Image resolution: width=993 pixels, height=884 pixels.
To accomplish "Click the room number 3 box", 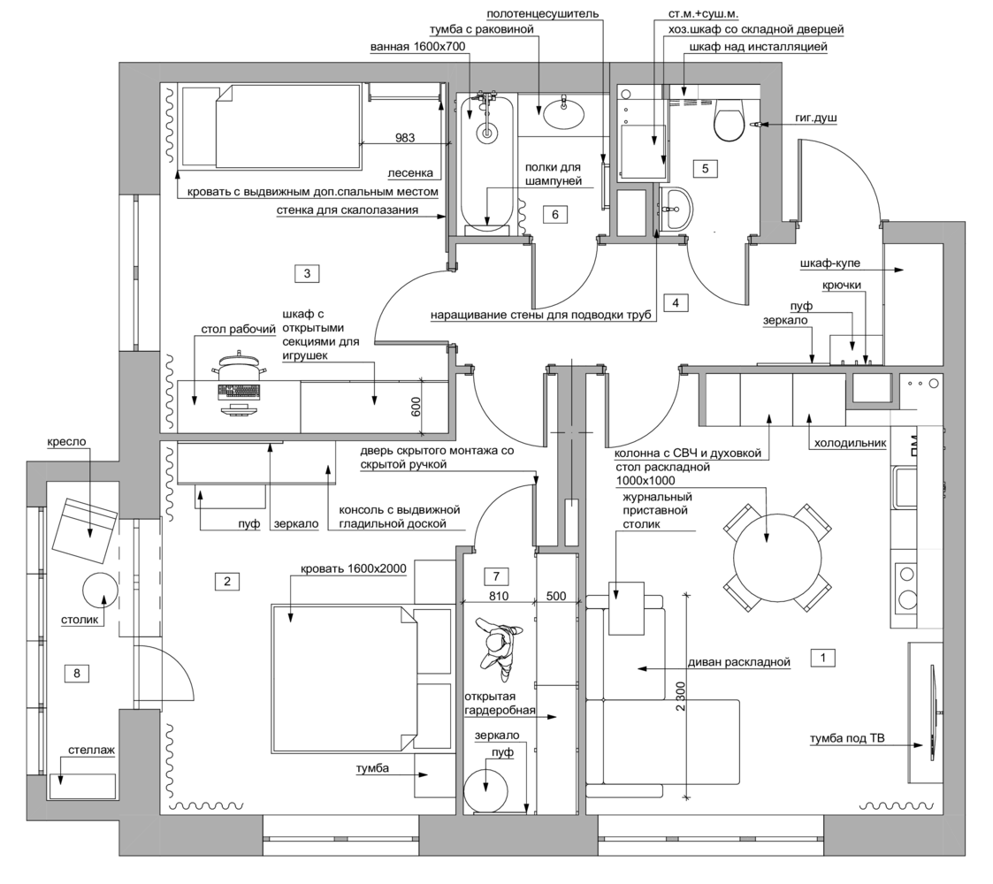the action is pyautogui.click(x=307, y=273).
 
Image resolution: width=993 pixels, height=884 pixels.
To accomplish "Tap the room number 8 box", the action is pyautogui.click(x=77, y=673).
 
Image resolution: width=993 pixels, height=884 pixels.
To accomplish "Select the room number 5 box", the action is pyautogui.click(x=705, y=169).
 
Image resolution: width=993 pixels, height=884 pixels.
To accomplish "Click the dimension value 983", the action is pyautogui.click(x=405, y=137).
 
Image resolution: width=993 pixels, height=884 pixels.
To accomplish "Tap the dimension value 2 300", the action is pyautogui.click(x=680, y=696).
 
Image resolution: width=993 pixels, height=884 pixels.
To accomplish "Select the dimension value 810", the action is pyautogui.click(x=499, y=596).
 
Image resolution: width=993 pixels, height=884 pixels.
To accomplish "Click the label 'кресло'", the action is pyautogui.click(x=65, y=442).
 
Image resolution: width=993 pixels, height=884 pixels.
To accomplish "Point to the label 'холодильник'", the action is pyautogui.click(x=850, y=443).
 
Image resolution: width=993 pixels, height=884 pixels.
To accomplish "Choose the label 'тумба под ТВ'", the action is pyautogui.click(x=847, y=738).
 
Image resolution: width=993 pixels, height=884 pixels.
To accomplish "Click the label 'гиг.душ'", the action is pyautogui.click(x=816, y=118).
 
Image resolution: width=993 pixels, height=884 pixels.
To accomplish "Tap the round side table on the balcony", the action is pyautogui.click(x=100, y=590).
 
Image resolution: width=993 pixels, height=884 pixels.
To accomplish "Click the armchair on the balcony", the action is pyautogui.click(x=86, y=530).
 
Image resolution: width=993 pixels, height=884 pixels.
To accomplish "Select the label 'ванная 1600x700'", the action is pyautogui.click(x=418, y=46).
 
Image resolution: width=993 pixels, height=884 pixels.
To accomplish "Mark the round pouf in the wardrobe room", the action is pyautogui.click(x=485, y=789).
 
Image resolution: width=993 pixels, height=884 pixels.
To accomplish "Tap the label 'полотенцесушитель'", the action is pyautogui.click(x=543, y=13).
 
